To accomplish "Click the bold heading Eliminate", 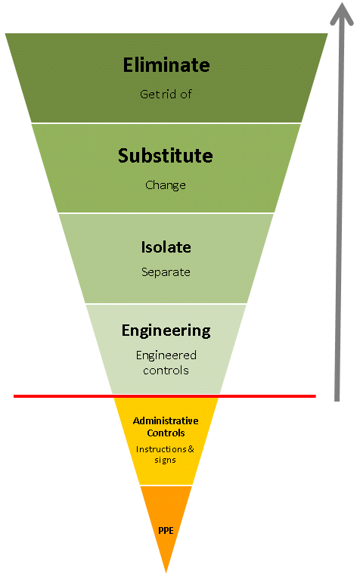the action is pyautogui.click(x=166, y=65).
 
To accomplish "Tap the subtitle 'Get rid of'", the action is pyautogui.click(x=166, y=95).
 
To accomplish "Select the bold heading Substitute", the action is pyautogui.click(x=166, y=156).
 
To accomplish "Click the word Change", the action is pyautogui.click(x=166, y=185).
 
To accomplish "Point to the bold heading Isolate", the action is pyautogui.click(x=166, y=247).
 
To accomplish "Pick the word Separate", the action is pyautogui.click(x=166, y=272).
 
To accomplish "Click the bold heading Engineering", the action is pyautogui.click(x=166, y=331).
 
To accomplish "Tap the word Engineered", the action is pyautogui.click(x=166, y=355).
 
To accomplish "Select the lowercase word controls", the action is pyautogui.click(x=166, y=371).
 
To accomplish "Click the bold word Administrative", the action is pyautogui.click(x=166, y=420).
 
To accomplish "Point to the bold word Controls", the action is pyautogui.click(x=166, y=433).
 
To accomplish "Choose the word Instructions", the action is pyautogui.click(x=161, y=449).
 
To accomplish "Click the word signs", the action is pyautogui.click(x=165, y=461).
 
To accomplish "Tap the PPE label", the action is pyautogui.click(x=166, y=531).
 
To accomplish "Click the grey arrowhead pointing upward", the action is pyautogui.click(x=342, y=14).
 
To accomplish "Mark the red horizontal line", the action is pyautogui.click(x=165, y=396).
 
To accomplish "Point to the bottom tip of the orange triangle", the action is pyautogui.click(x=166, y=573).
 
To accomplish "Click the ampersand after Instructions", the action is pyautogui.click(x=191, y=449).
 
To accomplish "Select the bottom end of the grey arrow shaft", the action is pyautogui.click(x=337, y=400).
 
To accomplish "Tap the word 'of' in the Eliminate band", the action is pyautogui.click(x=186, y=95).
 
